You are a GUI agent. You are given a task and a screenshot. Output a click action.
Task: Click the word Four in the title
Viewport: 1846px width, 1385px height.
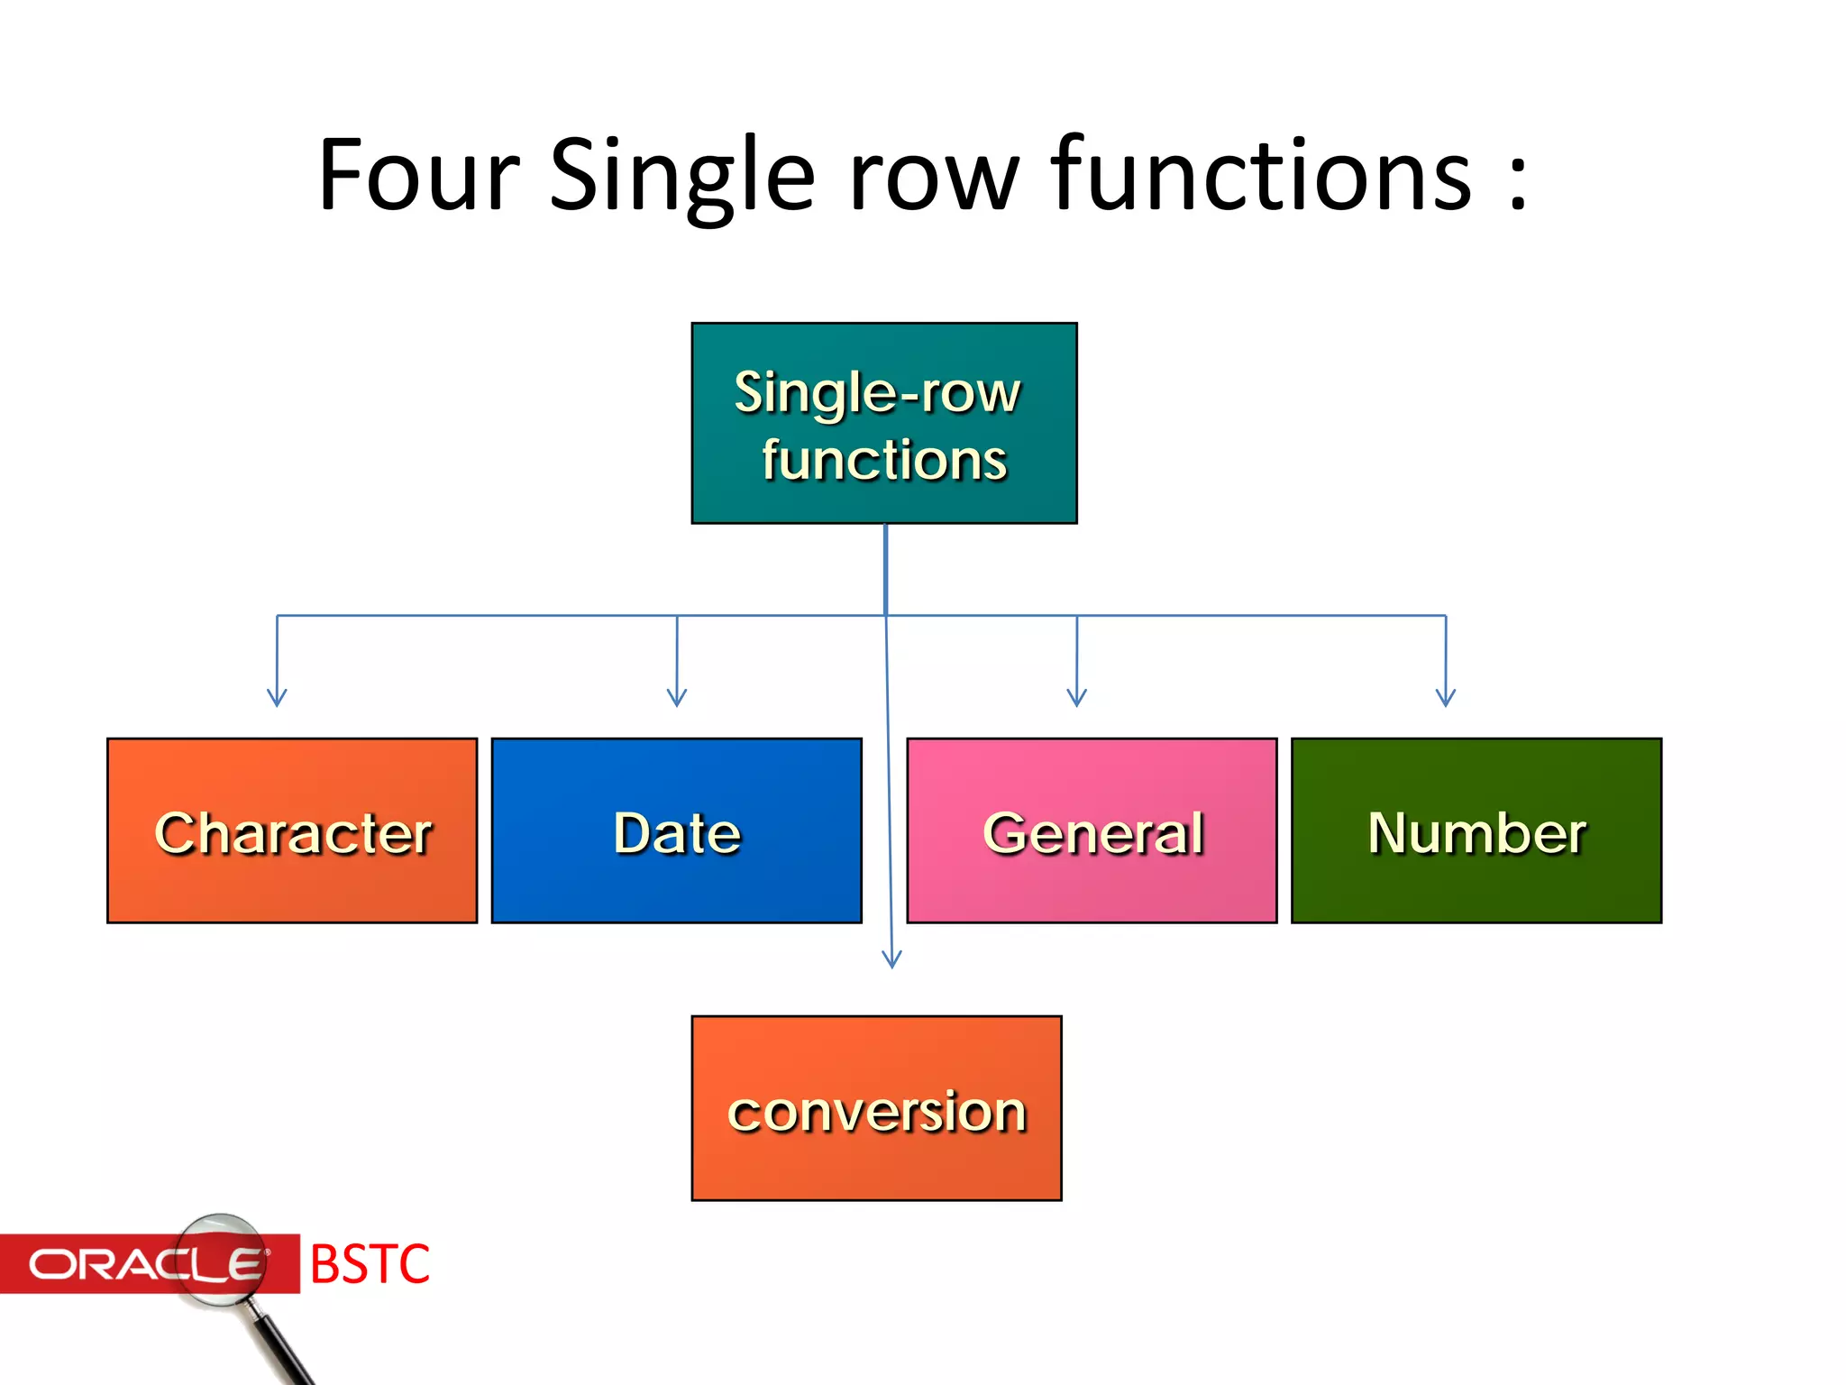419,175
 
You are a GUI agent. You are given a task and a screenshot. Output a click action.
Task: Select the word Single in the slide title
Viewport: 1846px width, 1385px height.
681,175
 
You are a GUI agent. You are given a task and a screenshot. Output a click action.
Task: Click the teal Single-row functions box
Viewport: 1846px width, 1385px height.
883,423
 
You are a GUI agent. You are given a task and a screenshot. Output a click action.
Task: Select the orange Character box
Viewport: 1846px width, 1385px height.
292,830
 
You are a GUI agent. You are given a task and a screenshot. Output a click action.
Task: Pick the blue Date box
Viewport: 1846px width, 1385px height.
676,830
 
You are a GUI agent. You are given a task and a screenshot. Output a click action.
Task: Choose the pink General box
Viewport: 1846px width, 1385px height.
1092,830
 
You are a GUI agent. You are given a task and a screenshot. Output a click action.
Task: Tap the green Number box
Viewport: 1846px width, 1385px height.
1476,830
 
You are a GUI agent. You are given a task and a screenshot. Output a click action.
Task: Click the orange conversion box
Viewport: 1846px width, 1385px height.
876,1108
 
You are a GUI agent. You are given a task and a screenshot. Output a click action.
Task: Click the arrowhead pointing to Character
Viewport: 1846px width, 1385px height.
277,698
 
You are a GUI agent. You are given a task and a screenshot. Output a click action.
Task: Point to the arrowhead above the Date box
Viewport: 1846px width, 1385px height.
677,698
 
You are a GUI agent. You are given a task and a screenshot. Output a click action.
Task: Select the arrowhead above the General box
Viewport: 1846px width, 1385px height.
1076,698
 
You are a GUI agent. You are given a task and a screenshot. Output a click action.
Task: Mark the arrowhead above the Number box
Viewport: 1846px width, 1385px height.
1446,698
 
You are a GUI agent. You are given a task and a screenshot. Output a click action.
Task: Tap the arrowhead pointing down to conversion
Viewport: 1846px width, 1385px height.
891,959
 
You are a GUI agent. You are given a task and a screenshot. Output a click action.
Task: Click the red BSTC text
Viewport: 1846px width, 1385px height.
370,1264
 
